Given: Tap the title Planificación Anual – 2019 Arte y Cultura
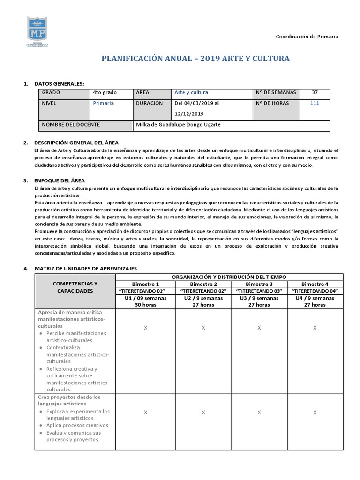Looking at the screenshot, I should pyautogui.click(x=195, y=59).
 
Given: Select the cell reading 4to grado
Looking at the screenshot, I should pyautogui.click(x=105, y=93).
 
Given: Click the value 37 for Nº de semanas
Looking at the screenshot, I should pyautogui.click(x=315, y=93).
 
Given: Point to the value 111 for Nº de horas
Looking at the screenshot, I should pyautogui.click(x=315, y=104).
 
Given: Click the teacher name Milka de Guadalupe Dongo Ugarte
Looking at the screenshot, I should pyautogui.click(x=178, y=125).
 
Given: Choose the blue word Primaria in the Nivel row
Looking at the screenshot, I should pyautogui.click(x=103, y=104).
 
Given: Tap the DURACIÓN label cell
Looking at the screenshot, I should pyautogui.click(x=149, y=103).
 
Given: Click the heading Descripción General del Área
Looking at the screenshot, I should pyautogui.click(x=76, y=142).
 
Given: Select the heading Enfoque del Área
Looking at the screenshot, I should pyautogui.click(x=60, y=180).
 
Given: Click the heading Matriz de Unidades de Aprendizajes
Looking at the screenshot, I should pyautogui.click(x=85, y=269).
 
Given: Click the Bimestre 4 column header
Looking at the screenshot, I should pyautogui.click(x=315, y=284).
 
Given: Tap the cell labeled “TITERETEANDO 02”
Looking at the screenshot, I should pyautogui.click(x=203, y=291).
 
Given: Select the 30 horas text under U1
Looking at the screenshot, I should pyautogui.click(x=145, y=305).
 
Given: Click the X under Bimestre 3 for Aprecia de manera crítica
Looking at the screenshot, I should pyautogui.click(x=259, y=328).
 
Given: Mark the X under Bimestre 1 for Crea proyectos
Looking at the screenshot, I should pyautogui.click(x=145, y=412).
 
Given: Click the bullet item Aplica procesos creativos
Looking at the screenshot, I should pyautogui.click(x=78, y=425).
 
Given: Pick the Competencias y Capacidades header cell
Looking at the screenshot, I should pyautogui.click(x=75, y=287).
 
